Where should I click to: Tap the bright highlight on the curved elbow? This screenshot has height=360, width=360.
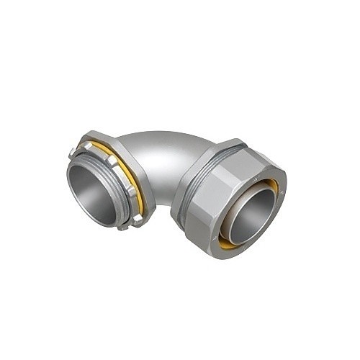[x=155, y=144]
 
